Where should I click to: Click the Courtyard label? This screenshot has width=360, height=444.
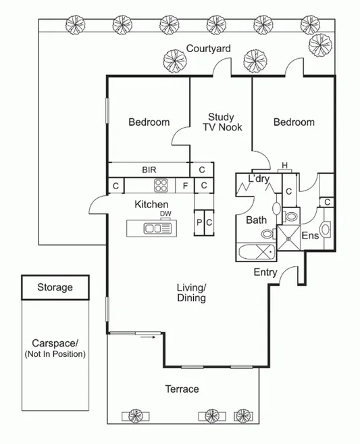tap(209, 49)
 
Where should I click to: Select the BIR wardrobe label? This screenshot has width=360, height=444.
tap(149, 169)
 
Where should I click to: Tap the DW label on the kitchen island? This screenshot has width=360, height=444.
tap(165, 215)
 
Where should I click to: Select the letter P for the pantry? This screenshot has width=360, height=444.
tap(200, 222)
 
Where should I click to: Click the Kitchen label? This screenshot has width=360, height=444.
tap(151, 204)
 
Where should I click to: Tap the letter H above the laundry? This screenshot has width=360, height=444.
tap(284, 166)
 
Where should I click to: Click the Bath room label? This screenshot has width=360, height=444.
tap(256, 220)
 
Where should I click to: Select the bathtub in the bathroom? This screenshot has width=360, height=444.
tap(256, 253)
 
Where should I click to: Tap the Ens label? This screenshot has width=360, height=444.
tap(309, 236)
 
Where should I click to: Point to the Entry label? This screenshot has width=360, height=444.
tap(265, 272)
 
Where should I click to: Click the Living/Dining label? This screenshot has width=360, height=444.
tap(191, 292)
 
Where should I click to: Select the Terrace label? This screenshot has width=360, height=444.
tap(182, 389)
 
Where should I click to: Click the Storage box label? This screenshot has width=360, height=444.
tap(55, 287)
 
